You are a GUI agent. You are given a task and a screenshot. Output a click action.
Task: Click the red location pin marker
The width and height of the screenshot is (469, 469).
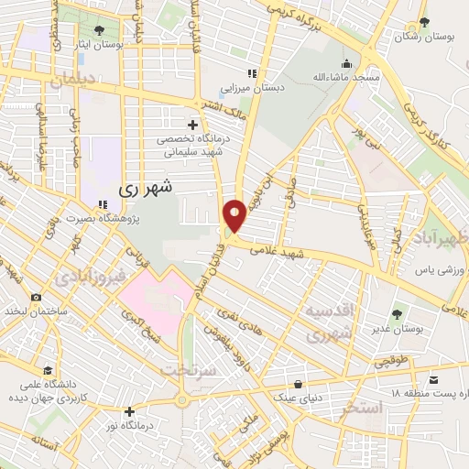[x=234, y=215]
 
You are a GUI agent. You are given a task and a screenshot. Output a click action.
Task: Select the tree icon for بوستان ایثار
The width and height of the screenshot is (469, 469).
[x=98, y=30]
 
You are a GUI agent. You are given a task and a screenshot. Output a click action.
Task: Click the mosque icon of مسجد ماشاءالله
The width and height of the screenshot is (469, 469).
[x=346, y=64]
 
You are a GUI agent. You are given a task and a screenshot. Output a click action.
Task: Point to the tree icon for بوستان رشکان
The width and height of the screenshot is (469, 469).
[x=422, y=23]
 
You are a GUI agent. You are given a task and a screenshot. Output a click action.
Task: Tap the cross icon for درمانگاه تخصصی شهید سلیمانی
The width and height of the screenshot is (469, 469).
[x=191, y=124]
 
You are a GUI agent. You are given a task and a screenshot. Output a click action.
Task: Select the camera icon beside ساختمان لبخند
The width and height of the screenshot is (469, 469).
[x=36, y=297]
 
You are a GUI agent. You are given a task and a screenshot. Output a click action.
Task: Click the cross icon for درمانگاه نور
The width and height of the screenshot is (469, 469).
[x=130, y=411]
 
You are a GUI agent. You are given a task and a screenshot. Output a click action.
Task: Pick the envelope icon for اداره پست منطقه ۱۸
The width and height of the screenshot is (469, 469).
[x=434, y=377]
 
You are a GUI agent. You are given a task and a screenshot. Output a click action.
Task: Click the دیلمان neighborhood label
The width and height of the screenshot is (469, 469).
[x=73, y=81]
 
